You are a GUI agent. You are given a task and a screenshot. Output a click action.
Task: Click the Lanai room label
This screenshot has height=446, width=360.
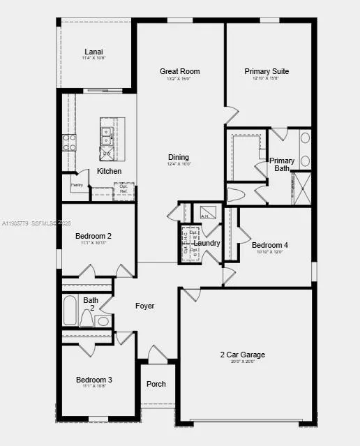(x=94, y=52)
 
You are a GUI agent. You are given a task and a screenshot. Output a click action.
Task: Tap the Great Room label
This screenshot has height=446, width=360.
(x=179, y=71)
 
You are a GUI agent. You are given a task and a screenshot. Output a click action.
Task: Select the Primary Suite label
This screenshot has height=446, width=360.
(x=267, y=71)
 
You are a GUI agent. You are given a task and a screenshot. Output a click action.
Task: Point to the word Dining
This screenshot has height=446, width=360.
(x=179, y=157)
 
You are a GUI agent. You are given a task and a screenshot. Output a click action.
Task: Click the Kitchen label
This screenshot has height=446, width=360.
(x=109, y=171)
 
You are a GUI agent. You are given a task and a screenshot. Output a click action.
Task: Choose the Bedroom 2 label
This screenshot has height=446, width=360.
(x=93, y=236)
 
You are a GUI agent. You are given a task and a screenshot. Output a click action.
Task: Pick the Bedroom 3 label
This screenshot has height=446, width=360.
(x=94, y=380)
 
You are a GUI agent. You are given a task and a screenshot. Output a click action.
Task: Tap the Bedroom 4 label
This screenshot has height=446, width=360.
(x=269, y=245)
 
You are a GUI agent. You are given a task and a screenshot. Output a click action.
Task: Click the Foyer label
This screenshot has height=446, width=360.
(x=144, y=306)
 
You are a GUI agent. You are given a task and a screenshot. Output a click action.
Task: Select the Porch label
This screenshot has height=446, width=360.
(x=156, y=384)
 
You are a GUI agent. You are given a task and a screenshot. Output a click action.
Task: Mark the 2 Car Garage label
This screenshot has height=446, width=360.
(x=243, y=355)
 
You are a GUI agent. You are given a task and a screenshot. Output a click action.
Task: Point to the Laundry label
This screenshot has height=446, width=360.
(x=207, y=244)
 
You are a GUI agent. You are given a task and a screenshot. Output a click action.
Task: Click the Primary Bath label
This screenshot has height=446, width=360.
(x=282, y=165)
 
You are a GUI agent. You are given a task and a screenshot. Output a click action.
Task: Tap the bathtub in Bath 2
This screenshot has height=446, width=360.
(x=70, y=311)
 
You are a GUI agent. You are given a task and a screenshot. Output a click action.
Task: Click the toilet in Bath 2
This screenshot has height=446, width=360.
(x=87, y=318)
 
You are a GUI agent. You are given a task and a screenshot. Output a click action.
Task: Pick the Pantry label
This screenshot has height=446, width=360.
(x=77, y=185)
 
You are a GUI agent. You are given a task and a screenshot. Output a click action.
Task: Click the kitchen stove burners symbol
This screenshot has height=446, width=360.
(x=69, y=142)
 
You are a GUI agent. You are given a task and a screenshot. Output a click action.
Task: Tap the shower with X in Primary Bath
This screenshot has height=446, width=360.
(x=302, y=188)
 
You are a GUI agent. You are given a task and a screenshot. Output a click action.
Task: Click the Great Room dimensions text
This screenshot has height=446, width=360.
(x=179, y=79)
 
